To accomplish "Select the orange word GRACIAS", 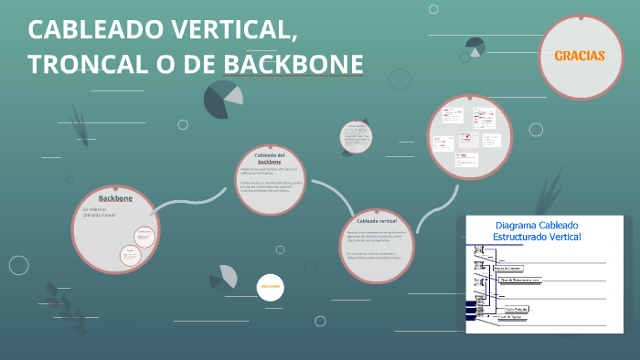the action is [580, 56].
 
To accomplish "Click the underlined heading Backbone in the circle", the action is [115, 197].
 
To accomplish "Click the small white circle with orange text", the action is [270, 286].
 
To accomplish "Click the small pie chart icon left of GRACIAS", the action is [475, 48].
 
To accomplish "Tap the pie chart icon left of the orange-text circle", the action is [224, 279].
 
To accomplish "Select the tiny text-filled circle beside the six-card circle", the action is [356, 137].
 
